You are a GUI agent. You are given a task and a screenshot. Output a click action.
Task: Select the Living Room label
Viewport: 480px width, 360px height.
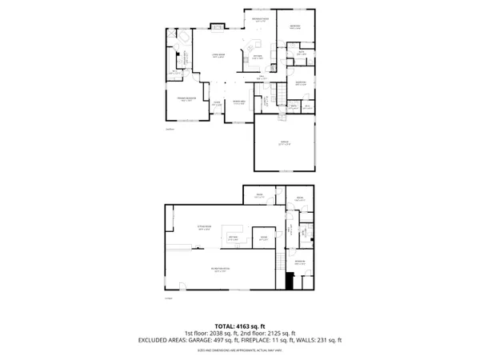pos(218,56)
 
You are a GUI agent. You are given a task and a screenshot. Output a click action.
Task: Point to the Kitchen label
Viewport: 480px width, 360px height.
pos(258,58)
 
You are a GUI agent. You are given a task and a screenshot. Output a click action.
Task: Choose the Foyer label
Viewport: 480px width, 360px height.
pos(217,104)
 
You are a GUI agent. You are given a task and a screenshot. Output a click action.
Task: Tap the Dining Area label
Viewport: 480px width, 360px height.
pos(238,102)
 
